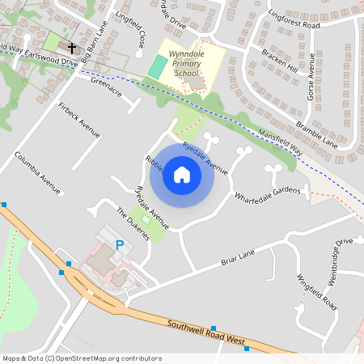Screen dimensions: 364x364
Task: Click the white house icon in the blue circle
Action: (182, 175)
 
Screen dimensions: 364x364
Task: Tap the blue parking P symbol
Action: (120, 244)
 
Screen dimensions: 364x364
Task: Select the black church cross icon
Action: (71, 49)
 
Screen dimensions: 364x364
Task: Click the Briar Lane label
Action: (238, 257)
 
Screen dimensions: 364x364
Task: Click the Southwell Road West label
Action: (206, 333)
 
